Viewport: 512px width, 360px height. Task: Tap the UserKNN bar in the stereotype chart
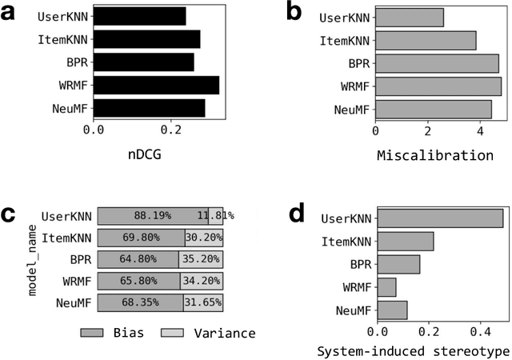tap(439, 218)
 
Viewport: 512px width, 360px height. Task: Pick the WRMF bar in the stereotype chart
tap(386, 286)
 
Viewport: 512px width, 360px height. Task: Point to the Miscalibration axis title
tap(435, 154)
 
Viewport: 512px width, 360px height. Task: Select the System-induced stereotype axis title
tap(413, 350)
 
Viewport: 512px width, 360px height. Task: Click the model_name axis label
tap(34, 260)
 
